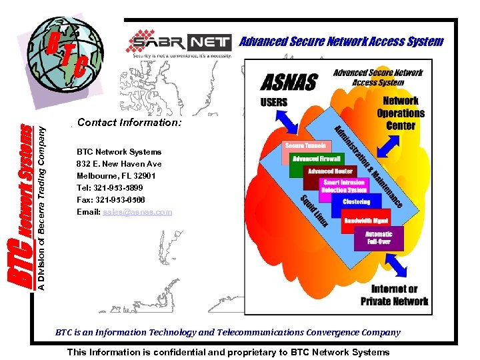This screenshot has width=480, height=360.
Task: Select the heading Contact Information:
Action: (129, 123)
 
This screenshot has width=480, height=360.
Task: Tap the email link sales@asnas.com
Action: (137, 212)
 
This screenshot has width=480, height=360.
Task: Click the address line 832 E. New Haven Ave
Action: (119, 164)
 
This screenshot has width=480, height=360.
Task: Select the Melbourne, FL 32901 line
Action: (117, 176)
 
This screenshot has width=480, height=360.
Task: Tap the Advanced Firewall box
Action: (317, 159)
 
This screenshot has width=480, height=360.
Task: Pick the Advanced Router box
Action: (331, 171)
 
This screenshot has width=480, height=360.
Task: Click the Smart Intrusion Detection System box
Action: (344, 186)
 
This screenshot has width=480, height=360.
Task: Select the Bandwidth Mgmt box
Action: (366, 220)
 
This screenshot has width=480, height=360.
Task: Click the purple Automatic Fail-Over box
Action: (379, 237)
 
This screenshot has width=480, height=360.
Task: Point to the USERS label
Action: (274, 103)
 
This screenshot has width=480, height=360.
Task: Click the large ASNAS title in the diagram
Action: (288, 82)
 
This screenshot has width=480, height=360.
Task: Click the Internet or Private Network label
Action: (395, 295)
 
